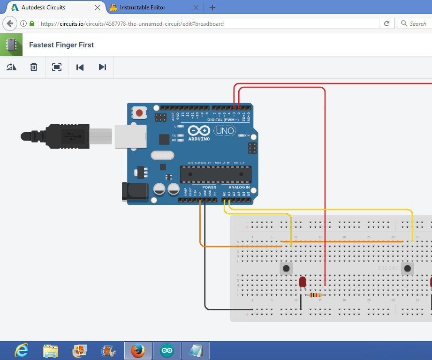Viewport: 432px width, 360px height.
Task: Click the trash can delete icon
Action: (34, 67)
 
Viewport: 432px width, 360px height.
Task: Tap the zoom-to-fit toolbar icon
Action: (57, 67)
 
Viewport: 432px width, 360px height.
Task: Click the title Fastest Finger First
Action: (61, 45)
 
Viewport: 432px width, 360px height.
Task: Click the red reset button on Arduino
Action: (139, 112)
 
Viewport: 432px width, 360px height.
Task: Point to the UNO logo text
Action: (225, 131)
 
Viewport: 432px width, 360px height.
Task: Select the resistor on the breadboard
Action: (313, 295)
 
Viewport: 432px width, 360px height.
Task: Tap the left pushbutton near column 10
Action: (286, 269)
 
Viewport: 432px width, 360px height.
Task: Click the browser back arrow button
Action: (10, 23)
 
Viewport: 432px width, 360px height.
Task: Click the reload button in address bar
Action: (387, 23)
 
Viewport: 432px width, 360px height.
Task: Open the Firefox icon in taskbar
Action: (137, 351)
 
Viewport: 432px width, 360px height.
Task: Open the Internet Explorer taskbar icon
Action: (22, 351)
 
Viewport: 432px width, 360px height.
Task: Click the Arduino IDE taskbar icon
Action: (167, 351)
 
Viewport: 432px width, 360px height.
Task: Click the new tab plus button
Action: (212, 7)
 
